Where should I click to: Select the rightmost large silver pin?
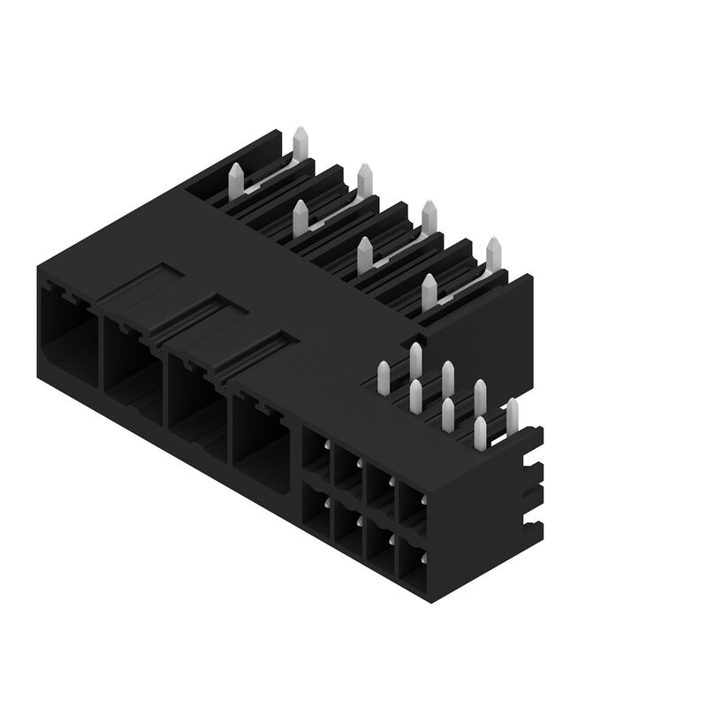tap(494, 254)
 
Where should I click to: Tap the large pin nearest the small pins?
tap(430, 292)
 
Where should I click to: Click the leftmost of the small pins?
tap(384, 377)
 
